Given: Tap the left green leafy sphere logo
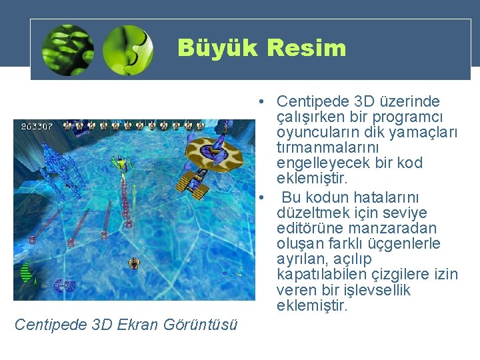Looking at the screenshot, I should (x=67, y=49).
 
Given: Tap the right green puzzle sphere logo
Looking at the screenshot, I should (x=128, y=49).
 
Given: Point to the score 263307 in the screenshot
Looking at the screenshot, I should (x=37, y=125).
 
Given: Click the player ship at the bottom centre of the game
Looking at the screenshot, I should (x=133, y=263).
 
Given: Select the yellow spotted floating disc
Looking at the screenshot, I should (x=213, y=151).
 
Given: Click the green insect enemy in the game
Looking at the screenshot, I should (x=121, y=162).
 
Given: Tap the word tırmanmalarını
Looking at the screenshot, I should (x=327, y=147).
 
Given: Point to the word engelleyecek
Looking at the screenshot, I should (x=322, y=163).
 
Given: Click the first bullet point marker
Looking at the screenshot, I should (x=264, y=102).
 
